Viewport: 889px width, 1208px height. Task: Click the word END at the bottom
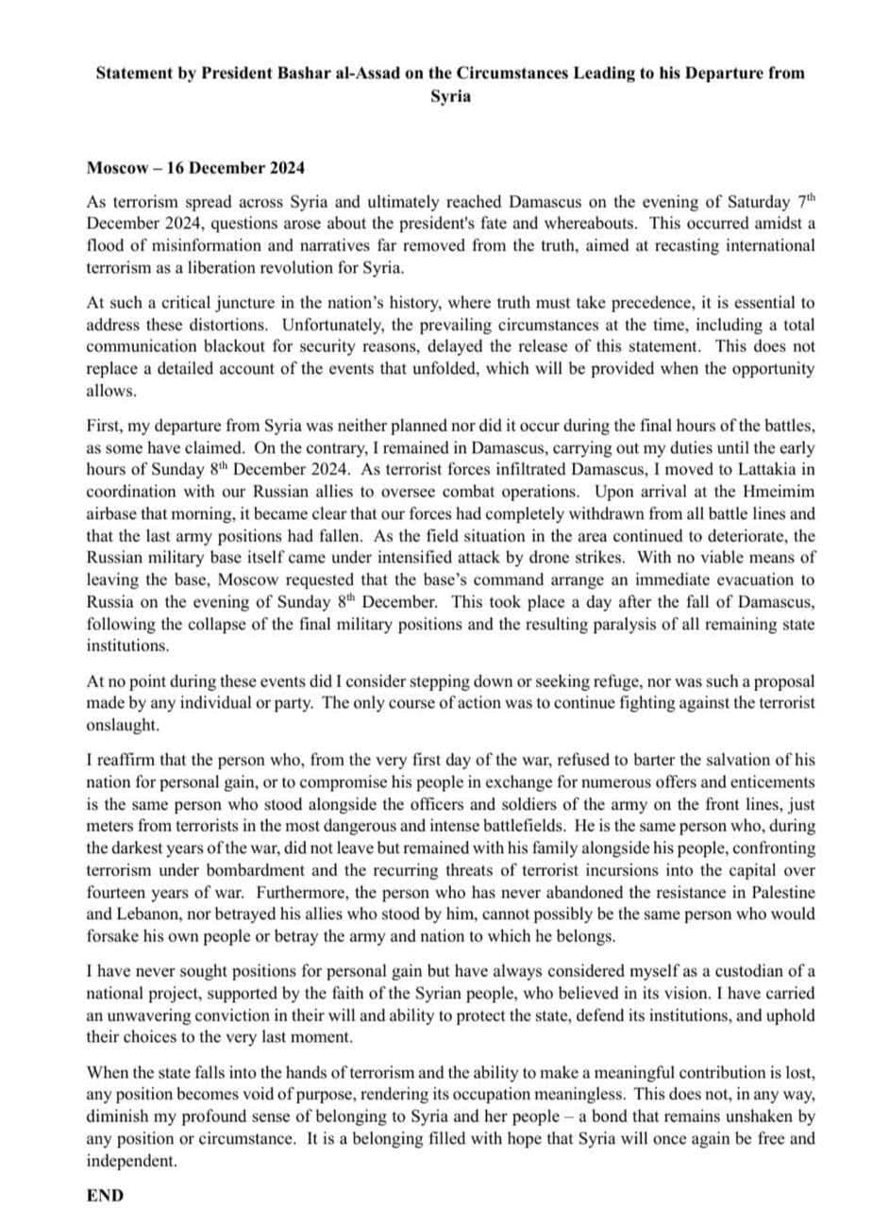coord(105,1195)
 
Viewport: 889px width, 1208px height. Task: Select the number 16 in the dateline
coord(176,169)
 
